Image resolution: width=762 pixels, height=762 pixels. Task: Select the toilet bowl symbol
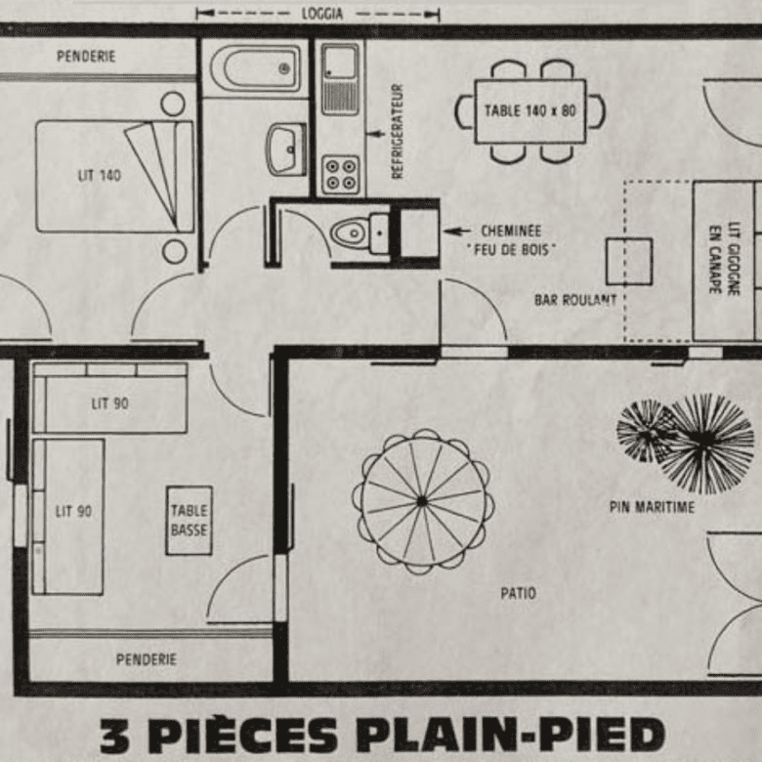[x=350, y=233]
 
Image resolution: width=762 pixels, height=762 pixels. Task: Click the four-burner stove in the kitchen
[x=340, y=175]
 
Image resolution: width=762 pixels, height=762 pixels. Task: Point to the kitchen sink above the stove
[x=340, y=78]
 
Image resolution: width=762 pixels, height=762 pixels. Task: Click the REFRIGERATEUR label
[x=398, y=131]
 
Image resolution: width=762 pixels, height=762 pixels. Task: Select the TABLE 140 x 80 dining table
[x=529, y=110]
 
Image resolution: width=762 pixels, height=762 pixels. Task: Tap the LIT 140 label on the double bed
[x=99, y=176]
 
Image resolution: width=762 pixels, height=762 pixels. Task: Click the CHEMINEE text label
[x=510, y=232]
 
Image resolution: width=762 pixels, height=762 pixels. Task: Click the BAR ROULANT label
[x=575, y=300]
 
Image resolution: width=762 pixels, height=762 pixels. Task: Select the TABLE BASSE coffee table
[x=189, y=520]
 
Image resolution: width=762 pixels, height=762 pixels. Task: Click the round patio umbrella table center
[x=422, y=501]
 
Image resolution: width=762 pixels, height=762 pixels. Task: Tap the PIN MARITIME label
[x=651, y=507]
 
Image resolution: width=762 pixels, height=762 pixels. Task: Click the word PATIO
[x=518, y=593]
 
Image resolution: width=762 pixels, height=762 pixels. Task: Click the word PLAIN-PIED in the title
[x=509, y=735]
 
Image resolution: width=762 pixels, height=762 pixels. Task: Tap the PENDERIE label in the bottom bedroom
[x=147, y=659]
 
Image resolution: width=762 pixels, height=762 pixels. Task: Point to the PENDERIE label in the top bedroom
[x=86, y=57]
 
